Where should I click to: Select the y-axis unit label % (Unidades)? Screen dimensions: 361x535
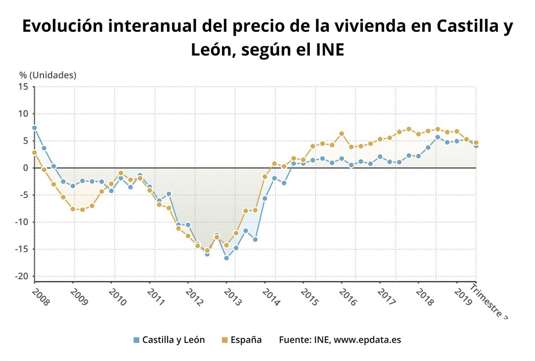pos(48,75)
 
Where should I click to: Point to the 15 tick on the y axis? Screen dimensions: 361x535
pos(23,87)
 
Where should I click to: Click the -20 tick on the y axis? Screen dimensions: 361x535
pos(21,277)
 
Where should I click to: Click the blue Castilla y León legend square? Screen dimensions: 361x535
pos(136,340)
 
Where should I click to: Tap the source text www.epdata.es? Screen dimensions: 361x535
pos(367,340)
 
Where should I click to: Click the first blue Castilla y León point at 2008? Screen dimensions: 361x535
pos(34,128)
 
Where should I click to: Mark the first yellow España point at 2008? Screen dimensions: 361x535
pos(34,153)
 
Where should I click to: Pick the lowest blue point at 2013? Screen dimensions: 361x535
pos(226,258)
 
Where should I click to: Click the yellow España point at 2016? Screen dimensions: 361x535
pos(342,134)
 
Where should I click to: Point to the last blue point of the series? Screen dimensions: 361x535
pos(476,146)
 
